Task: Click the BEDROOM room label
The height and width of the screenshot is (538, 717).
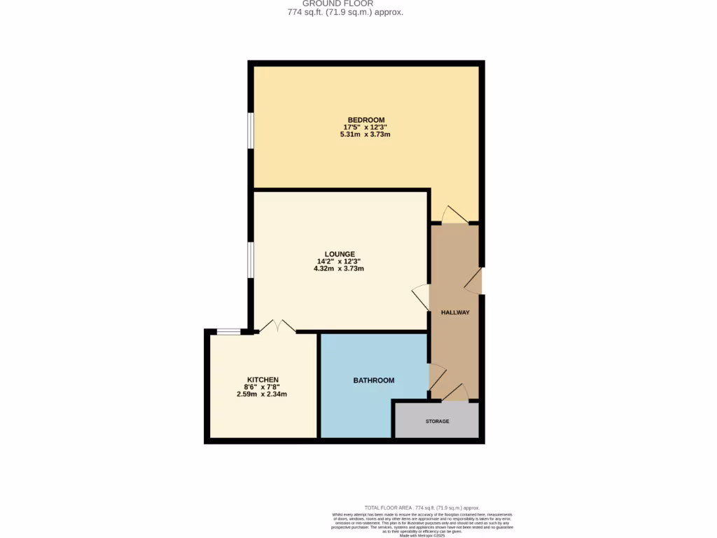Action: pos(366,120)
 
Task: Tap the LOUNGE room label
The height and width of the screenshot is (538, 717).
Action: pos(340,254)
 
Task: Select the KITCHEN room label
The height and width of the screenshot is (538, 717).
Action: pos(262,380)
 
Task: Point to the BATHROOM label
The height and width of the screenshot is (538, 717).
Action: pos(373,380)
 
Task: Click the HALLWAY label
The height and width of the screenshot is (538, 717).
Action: pos(454,312)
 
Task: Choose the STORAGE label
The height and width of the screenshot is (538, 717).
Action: pos(437,421)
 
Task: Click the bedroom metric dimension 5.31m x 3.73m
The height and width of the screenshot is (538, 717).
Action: pos(366,134)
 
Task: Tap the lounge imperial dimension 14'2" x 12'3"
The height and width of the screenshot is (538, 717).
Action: pos(340,261)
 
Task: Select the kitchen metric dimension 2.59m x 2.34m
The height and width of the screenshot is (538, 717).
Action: pos(262,394)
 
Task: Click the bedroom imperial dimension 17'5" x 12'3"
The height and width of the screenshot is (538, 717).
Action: pos(366,127)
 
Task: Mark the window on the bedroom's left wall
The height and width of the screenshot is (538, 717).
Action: pos(250,130)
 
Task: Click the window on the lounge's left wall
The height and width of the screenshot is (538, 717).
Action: pos(250,261)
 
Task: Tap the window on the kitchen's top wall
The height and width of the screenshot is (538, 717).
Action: pos(228,331)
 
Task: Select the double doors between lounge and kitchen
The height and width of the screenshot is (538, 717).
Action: pos(277,326)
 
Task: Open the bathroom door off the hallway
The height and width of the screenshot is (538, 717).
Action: pos(435,378)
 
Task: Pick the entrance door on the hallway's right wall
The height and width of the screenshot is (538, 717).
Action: pos(474,281)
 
